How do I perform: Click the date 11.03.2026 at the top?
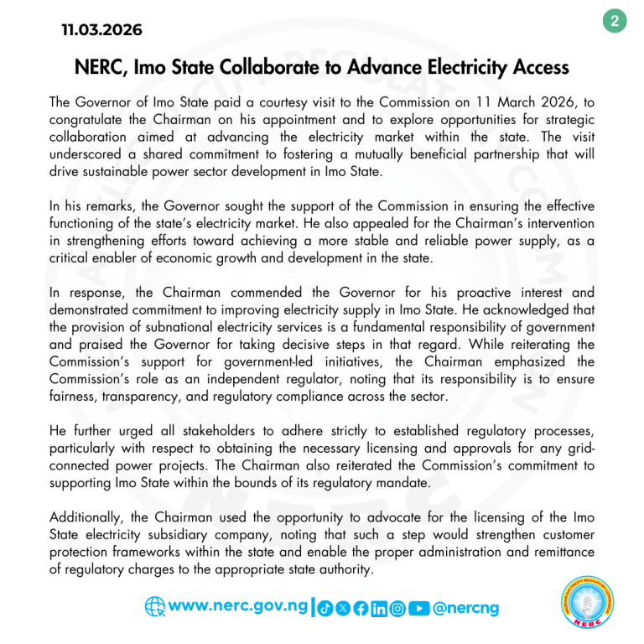(x=101, y=30)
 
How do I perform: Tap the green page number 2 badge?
(x=615, y=21)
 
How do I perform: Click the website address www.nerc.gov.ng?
(x=238, y=605)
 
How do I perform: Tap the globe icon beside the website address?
(x=155, y=606)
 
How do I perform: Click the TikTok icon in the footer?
(x=326, y=608)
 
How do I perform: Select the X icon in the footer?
(x=343, y=608)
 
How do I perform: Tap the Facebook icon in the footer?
(x=361, y=608)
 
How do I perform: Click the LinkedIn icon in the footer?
(x=379, y=608)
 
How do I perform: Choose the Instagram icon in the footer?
(x=397, y=608)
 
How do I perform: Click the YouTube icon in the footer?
(x=419, y=608)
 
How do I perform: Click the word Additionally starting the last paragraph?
(x=89, y=517)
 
